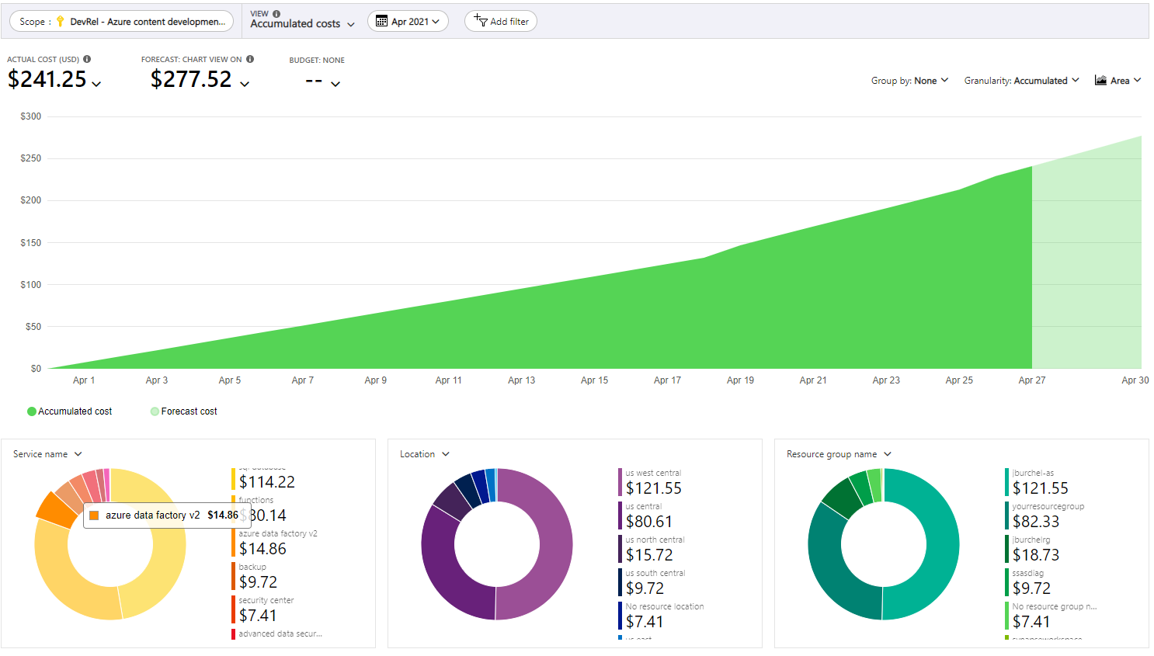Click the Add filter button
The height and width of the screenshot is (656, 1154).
501,22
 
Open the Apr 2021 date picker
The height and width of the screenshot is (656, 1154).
408,22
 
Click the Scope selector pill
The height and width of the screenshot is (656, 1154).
122,22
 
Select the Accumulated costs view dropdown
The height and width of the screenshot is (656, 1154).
302,23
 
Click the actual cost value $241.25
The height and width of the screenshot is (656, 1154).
47,79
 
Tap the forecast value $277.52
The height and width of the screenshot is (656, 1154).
191,79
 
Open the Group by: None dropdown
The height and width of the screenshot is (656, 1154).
909,81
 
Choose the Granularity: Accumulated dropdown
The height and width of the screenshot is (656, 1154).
1020,81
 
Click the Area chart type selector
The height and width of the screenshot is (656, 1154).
1118,81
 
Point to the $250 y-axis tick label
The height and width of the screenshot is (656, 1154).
31,158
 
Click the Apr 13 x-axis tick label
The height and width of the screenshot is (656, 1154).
521,380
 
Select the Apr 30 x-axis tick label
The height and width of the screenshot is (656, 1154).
1135,380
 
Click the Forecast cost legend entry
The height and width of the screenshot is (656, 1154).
184,411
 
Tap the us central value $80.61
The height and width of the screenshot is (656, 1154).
649,522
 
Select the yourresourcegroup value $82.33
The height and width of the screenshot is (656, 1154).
1036,522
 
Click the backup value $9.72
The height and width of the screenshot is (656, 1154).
258,582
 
